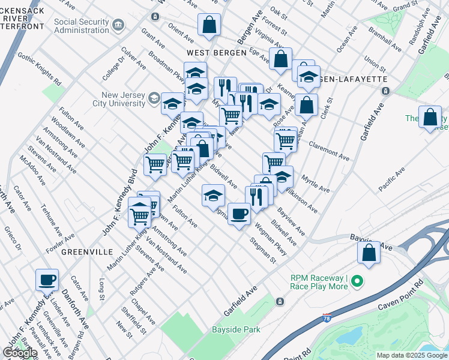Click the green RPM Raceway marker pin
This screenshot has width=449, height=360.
[357, 281]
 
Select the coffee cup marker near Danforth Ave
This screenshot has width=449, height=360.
[47, 279]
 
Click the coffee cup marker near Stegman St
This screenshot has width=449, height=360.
[239, 214]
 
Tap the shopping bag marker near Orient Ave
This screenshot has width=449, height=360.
[209, 25]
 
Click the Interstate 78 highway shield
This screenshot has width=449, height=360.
[326, 317]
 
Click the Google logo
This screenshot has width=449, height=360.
[19, 353]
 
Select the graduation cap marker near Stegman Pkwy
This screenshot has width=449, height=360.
[213, 196]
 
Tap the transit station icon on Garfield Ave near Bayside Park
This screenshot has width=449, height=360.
[279, 301]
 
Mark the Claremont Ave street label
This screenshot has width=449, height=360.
[329, 151]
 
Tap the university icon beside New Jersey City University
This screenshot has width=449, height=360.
[154, 98]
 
